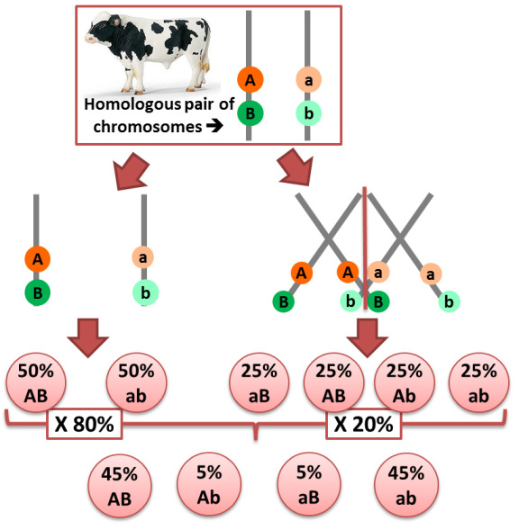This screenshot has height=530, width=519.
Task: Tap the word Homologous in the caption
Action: pos(132,104)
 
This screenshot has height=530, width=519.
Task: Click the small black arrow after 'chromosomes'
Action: pos(214,126)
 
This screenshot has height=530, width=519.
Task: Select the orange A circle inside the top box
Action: pos(250,80)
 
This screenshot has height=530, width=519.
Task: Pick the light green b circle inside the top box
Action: pos(308,113)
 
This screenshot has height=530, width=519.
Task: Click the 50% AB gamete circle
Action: pos(36,382)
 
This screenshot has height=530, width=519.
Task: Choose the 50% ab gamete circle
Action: pos(136,382)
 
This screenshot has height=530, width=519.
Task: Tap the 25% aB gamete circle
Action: pos(259,382)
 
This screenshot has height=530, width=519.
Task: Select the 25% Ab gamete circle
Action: pos(405,382)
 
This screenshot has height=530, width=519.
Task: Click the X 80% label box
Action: pos(85,424)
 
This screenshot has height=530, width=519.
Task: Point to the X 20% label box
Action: pos(364,424)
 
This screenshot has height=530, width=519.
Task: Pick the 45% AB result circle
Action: pos(120,486)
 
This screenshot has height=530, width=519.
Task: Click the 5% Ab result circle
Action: pos(209,484)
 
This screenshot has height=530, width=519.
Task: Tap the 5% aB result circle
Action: pos(309,484)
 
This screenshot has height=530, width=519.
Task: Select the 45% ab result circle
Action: pos(406,485)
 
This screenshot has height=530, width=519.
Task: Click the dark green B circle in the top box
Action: pos(250,113)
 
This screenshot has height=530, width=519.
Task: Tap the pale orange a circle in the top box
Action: pos(308,80)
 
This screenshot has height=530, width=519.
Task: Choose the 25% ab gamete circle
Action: pos(478,382)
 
